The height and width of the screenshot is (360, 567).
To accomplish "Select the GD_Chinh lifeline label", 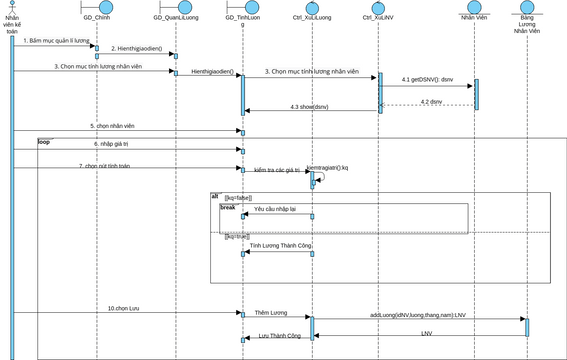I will coord(97,20).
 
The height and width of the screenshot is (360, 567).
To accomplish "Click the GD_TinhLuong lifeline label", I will coord(242,23).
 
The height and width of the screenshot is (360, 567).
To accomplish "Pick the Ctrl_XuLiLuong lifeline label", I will coord(311,20).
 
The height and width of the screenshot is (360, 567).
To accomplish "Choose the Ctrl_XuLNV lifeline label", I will coord(379,20).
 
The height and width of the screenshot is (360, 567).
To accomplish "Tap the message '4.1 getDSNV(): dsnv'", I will coord(427,79).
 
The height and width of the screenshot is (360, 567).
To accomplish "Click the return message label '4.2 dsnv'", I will coord(431,101).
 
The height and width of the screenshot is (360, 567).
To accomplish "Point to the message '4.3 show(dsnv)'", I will coord(309,106).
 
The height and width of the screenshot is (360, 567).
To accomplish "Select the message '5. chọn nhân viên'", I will coord(112,126).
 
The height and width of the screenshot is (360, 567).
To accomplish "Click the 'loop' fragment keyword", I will coord(44,142).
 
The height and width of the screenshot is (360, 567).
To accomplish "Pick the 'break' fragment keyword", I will coord(228,206).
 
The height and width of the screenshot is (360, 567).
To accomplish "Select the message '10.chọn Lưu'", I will coord(124,308).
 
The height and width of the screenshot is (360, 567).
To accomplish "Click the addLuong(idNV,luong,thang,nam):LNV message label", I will coord(418,314).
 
